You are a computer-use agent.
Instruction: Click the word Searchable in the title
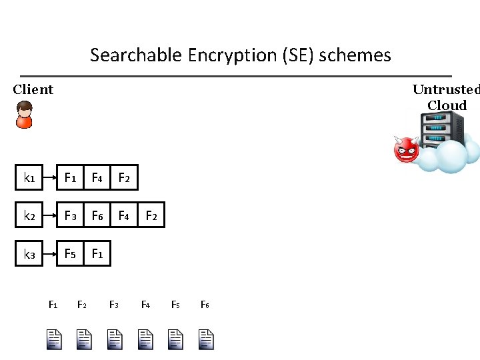(127, 55)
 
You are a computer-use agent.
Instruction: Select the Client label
(33, 89)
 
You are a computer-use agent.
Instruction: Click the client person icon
(24, 115)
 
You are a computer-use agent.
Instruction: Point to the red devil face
(406, 149)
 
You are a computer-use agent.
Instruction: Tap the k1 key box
(29, 178)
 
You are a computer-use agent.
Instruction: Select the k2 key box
(29, 215)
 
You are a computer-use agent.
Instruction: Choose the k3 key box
(29, 254)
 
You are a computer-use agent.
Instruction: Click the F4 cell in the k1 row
(97, 178)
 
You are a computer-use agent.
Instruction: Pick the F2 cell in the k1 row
(124, 178)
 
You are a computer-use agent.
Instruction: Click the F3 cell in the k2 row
(69, 215)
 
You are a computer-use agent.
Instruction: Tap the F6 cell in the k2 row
(97, 215)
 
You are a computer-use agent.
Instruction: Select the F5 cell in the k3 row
(69, 254)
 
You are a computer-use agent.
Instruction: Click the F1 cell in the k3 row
(97, 254)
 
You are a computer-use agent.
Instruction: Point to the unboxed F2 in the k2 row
(151, 215)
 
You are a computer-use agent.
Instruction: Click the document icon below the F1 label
(54, 339)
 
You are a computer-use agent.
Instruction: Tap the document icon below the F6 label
(206, 339)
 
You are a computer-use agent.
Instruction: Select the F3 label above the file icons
(114, 305)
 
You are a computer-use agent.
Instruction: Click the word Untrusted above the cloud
(445, 89)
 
